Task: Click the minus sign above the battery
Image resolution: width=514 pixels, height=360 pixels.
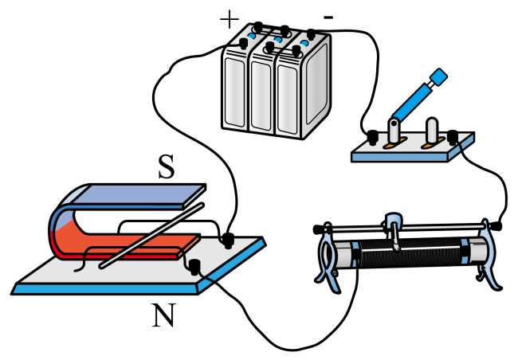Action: click(328, 16)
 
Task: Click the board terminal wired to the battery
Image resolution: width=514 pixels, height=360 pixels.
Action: click(227, 238)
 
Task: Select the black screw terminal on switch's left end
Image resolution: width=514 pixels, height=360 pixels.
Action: click(371, 135)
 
